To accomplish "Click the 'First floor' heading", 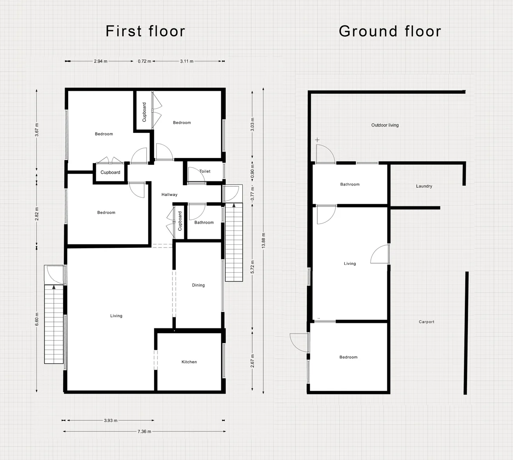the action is click(x=145, y=31).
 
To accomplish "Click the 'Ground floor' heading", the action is click(x=390, y=31).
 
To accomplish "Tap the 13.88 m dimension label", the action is click(x=264, y=240).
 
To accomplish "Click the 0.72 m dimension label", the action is click(x=145, y=61).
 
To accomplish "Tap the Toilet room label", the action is click(x=205, y=171).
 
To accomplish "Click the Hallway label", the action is click(x=169, y=195).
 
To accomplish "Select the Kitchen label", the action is click(x=189, y=362).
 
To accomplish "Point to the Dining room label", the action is click(x=198, y=285).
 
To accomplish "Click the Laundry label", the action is click(x=424, y=186).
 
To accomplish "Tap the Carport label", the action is click(x=427, y=322).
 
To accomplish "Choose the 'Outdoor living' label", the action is click(x=385, y=125).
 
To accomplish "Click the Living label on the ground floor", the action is click(x=350, y=264).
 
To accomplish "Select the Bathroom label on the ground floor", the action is click(x=350, y=184).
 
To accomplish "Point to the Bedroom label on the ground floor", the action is click(x=348, y=357).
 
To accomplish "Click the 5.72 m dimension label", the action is click(x=252, y=267).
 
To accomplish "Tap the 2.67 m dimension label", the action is click(x=252, y=361).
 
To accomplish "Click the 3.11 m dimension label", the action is click(x=187, y=61).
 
